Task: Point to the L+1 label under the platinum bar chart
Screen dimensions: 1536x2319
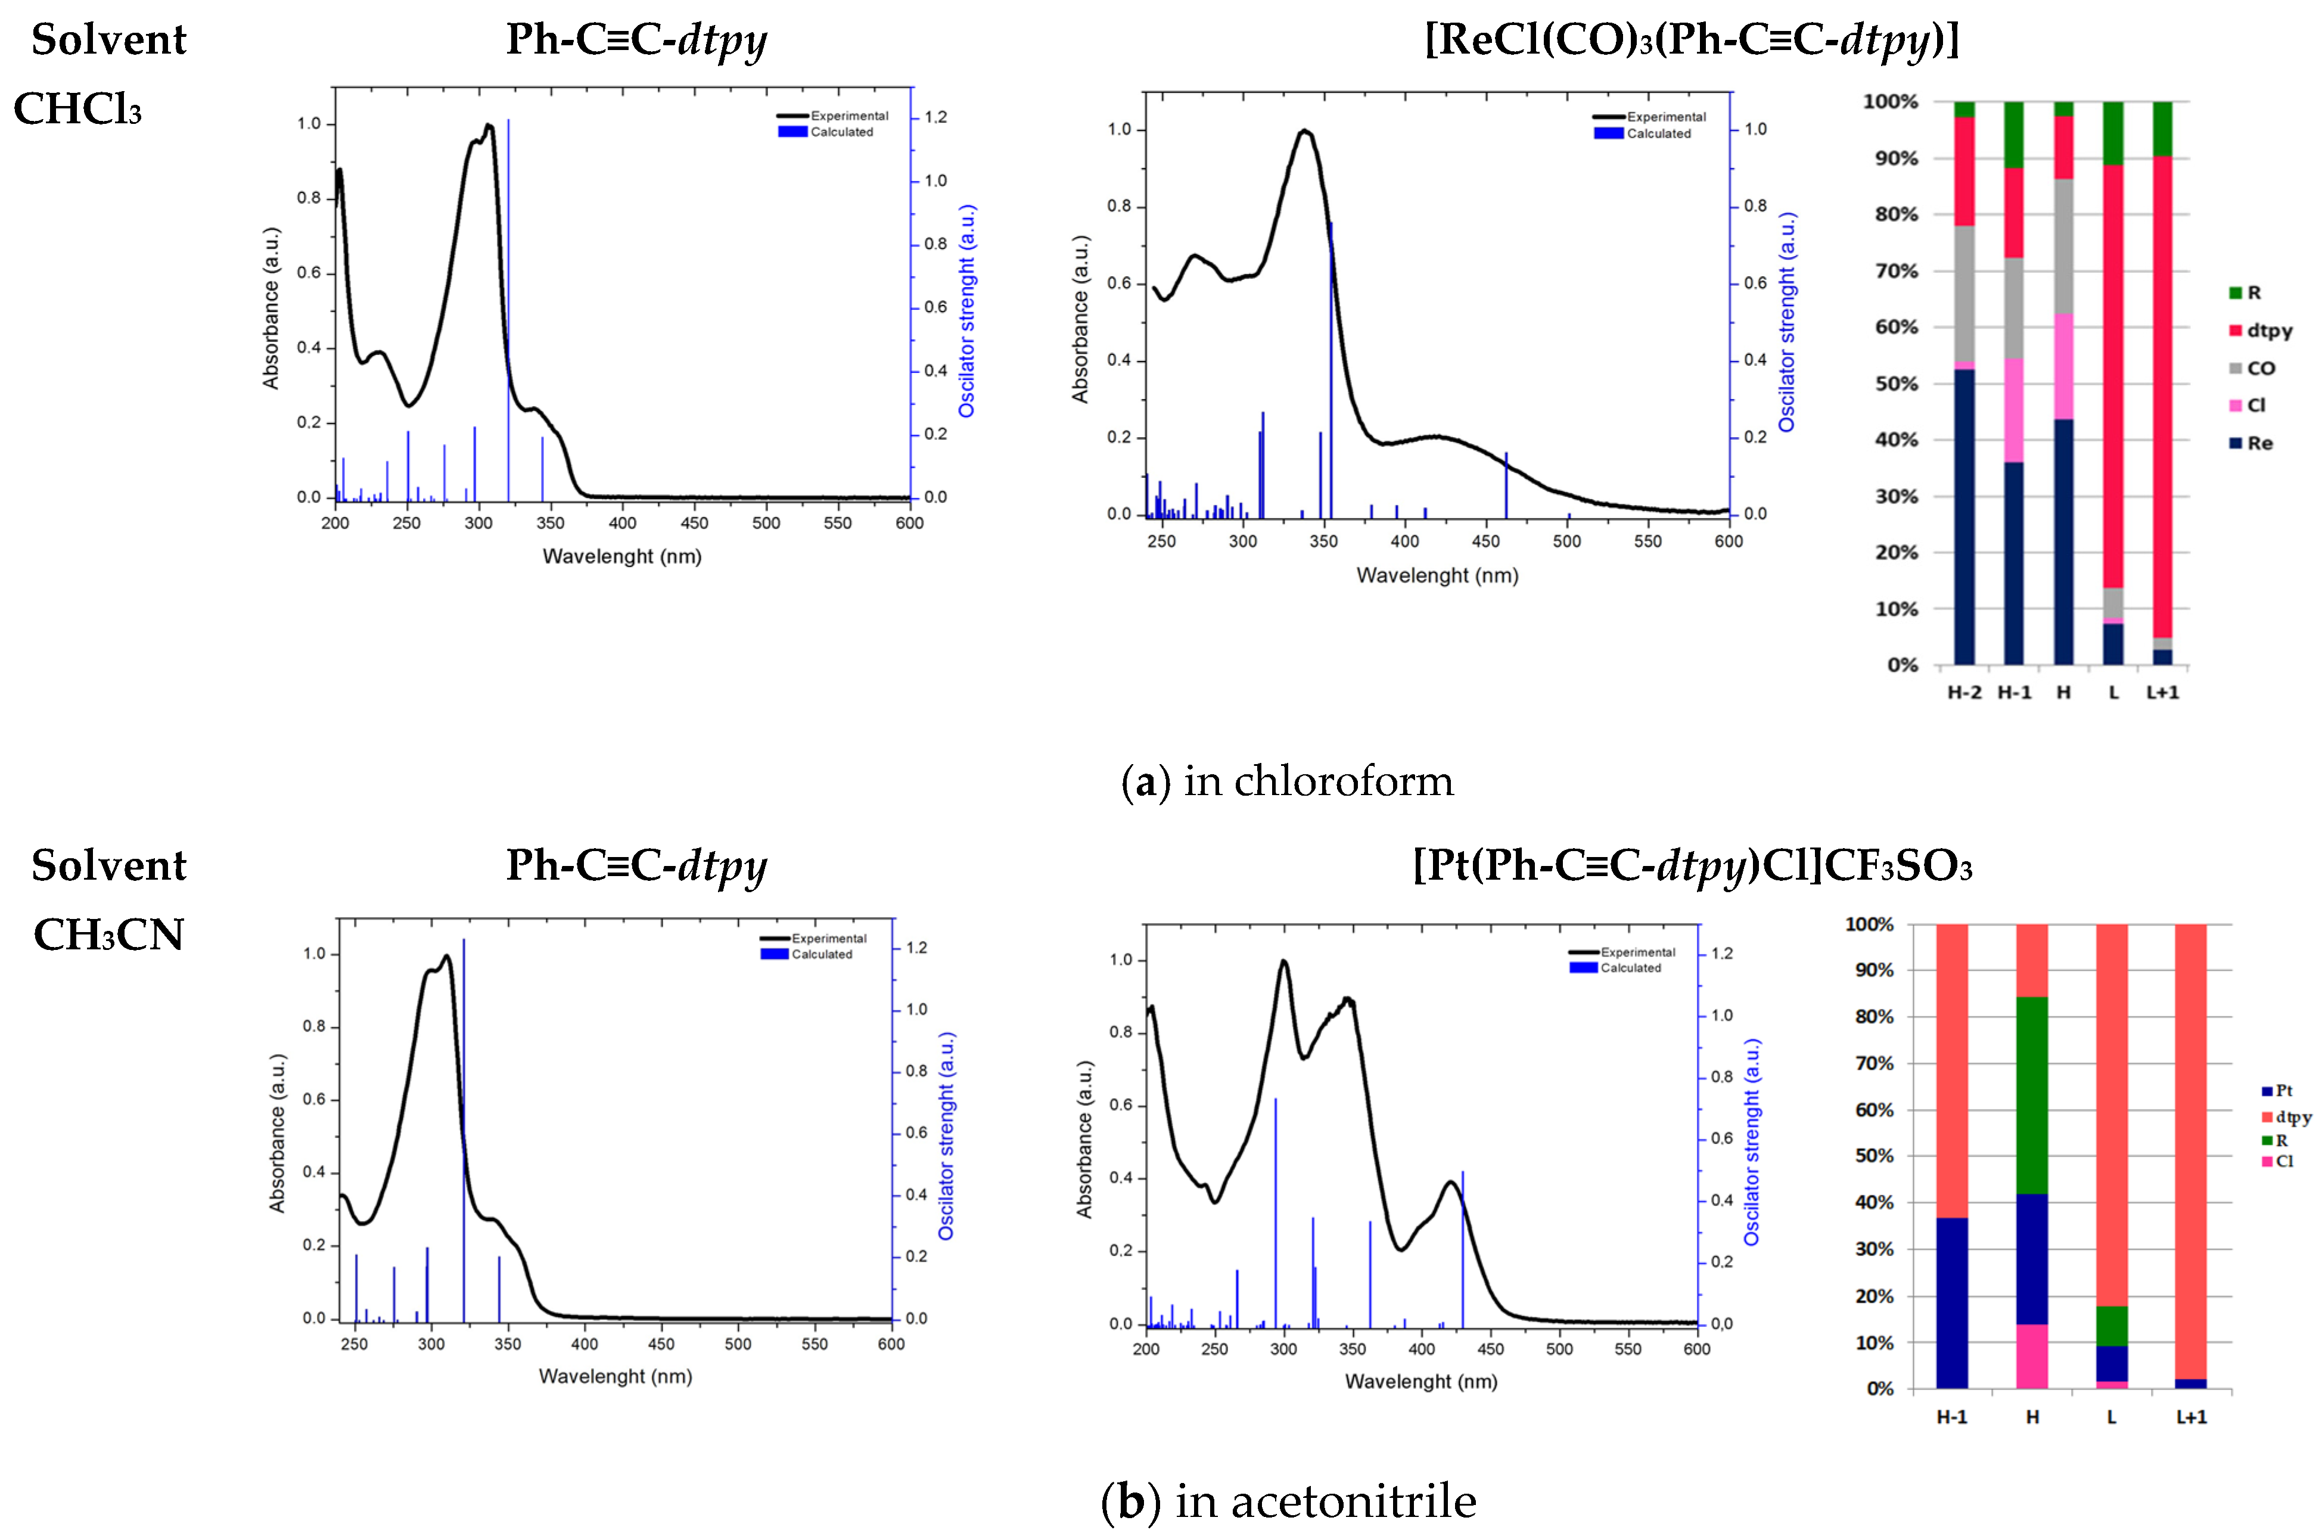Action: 2191,1417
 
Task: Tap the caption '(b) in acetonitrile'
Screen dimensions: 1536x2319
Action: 1288,1501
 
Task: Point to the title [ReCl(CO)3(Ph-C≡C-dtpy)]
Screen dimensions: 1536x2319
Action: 1692,39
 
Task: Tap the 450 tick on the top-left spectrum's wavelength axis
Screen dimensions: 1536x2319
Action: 694,523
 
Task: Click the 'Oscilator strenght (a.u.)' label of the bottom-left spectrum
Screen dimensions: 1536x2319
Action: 946,1136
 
